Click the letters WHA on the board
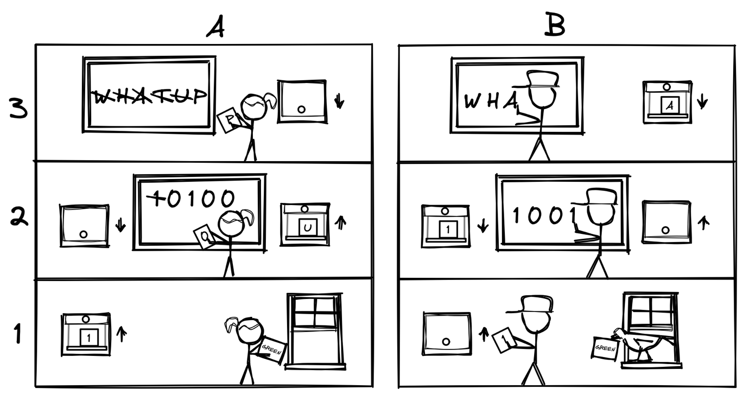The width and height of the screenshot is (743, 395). (x=490, y=101)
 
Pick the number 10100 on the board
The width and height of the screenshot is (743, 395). (x=193, y=199)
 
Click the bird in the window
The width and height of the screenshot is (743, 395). (x=640, y=343)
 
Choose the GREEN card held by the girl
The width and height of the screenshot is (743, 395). (x=271, y=351)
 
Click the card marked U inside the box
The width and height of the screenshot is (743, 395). (x=308, y=228)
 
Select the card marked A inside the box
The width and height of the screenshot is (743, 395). (x=669, y=106)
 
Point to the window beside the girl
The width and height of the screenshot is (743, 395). (x=315, y=329)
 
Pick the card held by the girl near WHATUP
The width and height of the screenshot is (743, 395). (x=227, y=120)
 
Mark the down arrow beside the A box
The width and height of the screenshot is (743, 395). (x=701, y=100)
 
